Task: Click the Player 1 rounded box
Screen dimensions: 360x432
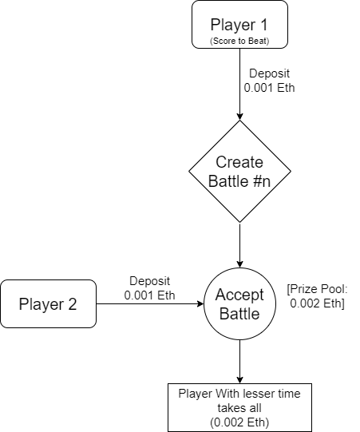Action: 239,25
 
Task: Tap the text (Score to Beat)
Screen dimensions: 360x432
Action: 239,41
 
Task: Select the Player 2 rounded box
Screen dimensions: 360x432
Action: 48,304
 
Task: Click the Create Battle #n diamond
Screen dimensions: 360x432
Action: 239,172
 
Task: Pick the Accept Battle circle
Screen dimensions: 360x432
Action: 239,304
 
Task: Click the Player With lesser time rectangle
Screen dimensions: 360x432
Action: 239,407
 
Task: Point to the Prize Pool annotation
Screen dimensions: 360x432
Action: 318,296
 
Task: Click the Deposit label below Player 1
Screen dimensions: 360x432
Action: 269,81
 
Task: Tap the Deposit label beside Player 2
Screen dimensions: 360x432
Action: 149,288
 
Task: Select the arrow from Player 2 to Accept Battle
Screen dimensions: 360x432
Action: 150,304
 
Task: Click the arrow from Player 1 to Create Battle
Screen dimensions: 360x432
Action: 239,85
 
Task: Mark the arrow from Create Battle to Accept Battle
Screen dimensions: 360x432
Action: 239,245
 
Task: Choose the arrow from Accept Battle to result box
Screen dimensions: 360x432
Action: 239,362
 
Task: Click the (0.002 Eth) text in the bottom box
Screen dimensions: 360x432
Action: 239,422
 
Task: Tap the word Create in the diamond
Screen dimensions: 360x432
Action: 239,162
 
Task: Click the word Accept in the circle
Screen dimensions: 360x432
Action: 239,295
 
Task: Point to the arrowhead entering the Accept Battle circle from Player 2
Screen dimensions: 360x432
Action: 200,304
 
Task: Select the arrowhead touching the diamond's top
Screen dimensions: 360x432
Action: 239,117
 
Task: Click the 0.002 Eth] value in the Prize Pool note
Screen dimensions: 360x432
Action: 318,303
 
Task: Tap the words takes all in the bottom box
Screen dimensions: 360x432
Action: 239,408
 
